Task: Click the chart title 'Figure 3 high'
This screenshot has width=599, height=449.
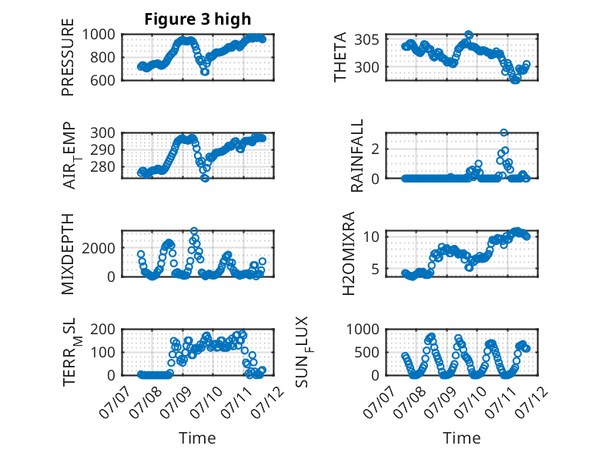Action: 198,19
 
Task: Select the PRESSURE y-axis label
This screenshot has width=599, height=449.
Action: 68,57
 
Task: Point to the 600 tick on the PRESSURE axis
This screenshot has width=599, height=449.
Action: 102,80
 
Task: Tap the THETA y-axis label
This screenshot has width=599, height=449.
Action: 340,57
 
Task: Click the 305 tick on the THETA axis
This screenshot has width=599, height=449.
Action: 366,39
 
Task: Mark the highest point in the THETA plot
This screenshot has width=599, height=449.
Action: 469,35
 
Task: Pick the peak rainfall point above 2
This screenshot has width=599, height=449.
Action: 504,132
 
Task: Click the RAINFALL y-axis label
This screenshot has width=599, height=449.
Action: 356,156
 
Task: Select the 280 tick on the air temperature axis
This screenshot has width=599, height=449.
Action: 102,166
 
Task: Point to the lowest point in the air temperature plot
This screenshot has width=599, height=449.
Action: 205,178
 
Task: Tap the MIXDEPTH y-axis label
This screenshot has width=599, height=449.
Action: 68,253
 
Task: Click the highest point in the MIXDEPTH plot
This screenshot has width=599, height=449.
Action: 194,231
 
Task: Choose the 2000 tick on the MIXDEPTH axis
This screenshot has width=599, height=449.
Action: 99,248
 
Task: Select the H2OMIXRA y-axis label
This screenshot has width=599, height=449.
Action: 349,253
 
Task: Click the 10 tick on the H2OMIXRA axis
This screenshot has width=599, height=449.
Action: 371,236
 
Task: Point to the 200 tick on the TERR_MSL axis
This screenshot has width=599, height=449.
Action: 102,329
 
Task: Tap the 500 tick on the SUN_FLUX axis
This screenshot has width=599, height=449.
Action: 366,352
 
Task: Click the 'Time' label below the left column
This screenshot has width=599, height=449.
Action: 197,438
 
